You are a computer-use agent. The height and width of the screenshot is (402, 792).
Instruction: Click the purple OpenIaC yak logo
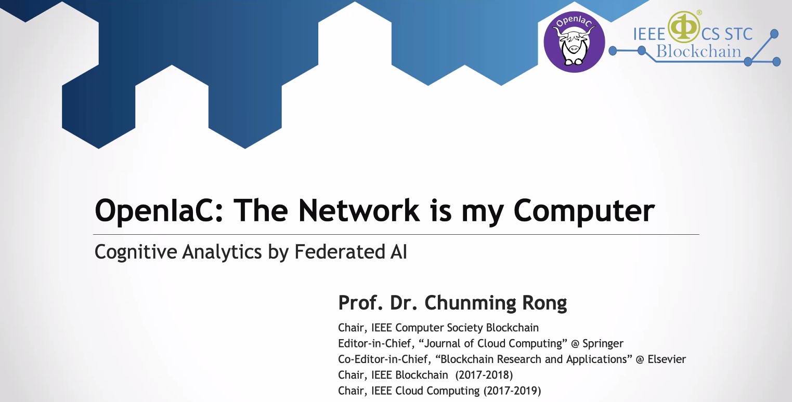click(x=574, y=42)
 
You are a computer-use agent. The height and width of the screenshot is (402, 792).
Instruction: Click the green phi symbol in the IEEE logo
click(x=684, y=27)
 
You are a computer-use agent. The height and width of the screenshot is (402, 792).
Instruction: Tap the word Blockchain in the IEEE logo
click(x=699, y=51)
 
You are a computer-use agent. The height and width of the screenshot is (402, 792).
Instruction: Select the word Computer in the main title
click(x=584, y=212)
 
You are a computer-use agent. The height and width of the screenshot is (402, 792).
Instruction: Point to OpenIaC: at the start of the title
click(x=159, y=211)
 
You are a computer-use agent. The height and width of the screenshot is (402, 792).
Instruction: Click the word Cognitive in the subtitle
click(x=136, y=252)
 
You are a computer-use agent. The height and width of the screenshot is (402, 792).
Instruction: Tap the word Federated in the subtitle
click(x=340, y=251)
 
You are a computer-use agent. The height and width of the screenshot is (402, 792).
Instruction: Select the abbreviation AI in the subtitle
click(x=399, y=252)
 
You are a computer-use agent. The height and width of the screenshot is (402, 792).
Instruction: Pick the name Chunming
click(x=470, y=303)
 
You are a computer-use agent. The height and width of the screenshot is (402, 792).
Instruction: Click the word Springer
click(x=603, y=344)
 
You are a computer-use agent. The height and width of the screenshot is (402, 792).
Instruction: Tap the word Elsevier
click(x=667, y=359)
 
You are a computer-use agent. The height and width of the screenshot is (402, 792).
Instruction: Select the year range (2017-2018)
click(x=484, y=375)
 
